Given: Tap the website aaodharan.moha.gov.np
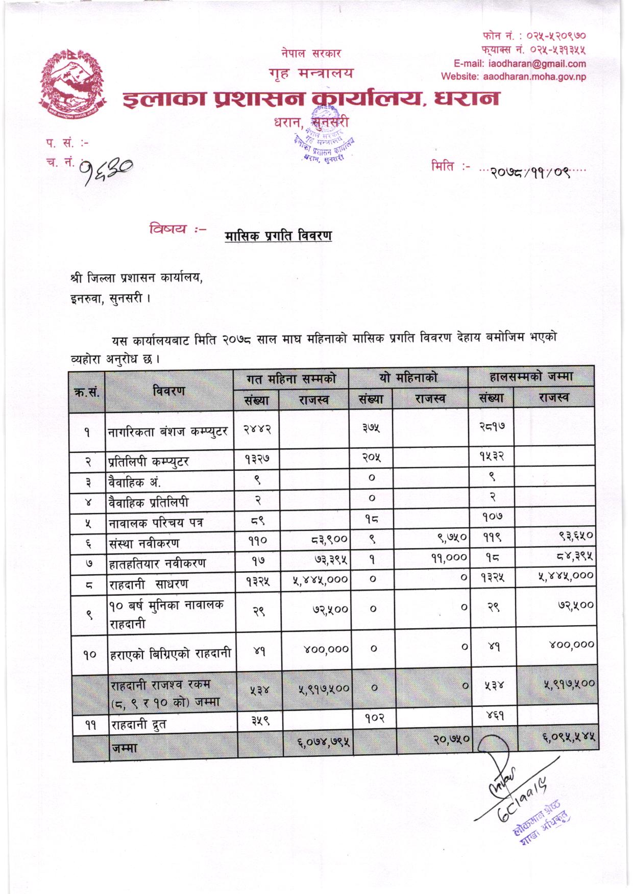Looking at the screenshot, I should (514, 77).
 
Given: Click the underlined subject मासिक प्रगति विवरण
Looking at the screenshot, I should (278, 236).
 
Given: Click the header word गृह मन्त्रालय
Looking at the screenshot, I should (310, 73).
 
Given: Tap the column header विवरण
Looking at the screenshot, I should (168, 391).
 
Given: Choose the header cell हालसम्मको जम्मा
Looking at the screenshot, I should (531, 377).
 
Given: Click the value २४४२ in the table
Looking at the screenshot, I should (257, 429).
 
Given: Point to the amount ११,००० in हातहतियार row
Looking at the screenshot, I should (449, 558).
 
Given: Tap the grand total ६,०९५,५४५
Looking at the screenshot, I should (568, 736).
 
